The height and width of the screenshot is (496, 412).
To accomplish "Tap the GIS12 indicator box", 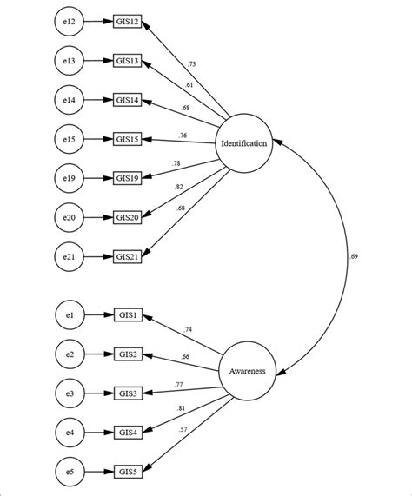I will [129, 23].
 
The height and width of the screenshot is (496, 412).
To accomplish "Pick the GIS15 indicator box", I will [129, 139].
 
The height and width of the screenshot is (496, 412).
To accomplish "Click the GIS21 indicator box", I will [129, 255].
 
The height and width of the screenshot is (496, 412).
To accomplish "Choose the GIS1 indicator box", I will [127, 315].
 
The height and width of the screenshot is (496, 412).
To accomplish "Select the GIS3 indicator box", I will [127, 393].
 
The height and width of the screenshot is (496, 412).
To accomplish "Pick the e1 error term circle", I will [69, 315].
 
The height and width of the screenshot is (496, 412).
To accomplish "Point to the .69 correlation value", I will [353, 256].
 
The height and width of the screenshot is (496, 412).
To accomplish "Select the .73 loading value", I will [191, 64].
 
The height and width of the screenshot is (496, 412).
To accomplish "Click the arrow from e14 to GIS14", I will [98, 100].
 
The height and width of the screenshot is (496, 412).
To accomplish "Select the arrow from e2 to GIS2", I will [98, 354].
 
